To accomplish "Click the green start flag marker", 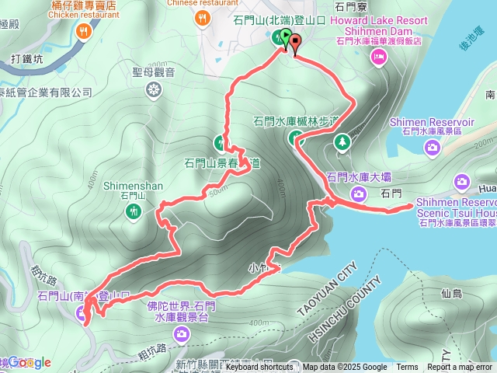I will click(x=285, y=37).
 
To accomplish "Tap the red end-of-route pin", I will click(x=295, y=42).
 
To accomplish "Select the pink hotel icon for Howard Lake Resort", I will click(x=379, y=55).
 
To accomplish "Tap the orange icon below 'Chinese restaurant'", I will click(x=204, y=17).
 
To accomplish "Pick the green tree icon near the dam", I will click(x=342, y=141).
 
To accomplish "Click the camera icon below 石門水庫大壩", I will click(x=358, y=193).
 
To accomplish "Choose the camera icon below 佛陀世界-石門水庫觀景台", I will click(x=181, y=334).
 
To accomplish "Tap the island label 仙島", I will click(x=451, y=294).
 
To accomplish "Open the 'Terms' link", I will click(x=407, y=368).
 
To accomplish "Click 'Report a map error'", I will click(x=460, y=368).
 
